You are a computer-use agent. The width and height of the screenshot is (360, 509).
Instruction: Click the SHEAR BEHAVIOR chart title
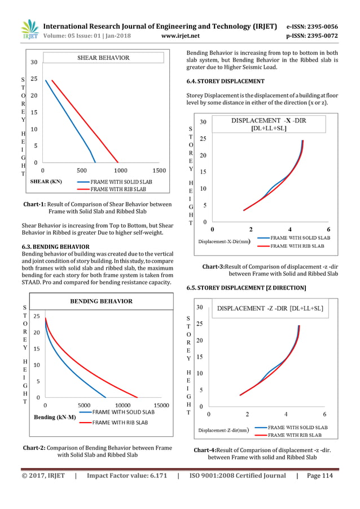[103, 58]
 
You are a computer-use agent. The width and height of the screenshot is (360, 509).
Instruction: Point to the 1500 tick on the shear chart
[159, 170]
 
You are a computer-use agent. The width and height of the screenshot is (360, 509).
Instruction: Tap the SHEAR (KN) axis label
[46, 182]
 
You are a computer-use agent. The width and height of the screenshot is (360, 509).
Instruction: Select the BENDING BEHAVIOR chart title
[101, 301]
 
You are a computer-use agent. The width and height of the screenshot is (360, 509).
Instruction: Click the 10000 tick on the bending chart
[123, 405]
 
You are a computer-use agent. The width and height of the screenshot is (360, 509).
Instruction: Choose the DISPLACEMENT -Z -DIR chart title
[270, 309]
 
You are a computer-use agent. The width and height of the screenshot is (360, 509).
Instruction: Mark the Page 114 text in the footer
[319, 476]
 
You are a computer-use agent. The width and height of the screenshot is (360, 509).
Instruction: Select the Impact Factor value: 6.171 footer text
[127, 476]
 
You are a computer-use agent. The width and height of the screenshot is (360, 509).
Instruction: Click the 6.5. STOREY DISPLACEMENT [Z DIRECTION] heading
[246, 288]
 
